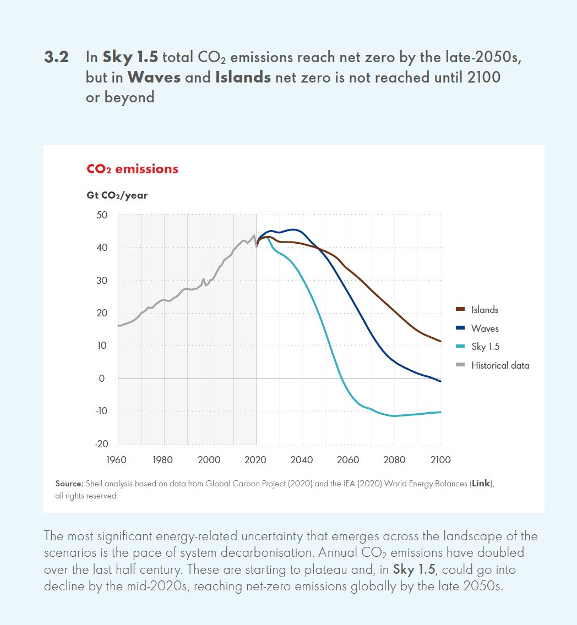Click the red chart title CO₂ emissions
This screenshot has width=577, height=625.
132,169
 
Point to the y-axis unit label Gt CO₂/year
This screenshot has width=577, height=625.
117,195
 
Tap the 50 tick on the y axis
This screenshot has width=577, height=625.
101,215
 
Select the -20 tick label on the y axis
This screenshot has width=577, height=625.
100,444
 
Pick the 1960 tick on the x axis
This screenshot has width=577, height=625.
118,460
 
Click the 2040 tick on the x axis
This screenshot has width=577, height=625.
302,460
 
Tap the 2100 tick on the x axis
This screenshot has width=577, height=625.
440,460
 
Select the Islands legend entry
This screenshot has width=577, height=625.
485,310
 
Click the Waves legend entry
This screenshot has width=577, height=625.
485,328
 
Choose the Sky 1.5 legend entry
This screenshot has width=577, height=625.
485,347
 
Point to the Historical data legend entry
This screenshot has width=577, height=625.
499,365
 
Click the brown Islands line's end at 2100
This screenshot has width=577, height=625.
440,341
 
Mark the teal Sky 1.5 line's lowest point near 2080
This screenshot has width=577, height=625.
395,416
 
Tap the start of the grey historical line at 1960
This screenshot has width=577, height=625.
118,326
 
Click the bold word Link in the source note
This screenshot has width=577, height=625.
480,484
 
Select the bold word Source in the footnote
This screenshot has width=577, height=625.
69,484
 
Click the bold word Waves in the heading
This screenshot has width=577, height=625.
154,78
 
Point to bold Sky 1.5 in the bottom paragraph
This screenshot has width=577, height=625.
413,569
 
